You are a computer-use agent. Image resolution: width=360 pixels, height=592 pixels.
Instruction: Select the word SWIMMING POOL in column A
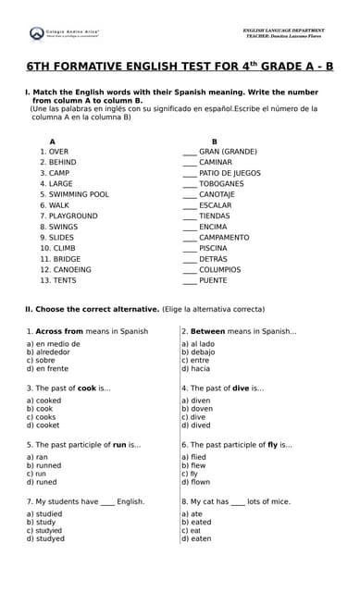pyautogui.click(x=79, y=194)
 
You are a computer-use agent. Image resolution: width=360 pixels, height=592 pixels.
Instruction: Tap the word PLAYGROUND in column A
pyautogui.click(x=73, y=216)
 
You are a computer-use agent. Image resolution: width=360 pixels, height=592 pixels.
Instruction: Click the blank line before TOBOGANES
pyautogui.click(x=190, y=183)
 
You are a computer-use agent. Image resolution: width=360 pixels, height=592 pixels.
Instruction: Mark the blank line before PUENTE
pyautogui.click(x=190, y=280)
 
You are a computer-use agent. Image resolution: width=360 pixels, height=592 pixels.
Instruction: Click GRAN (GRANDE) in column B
pyautogui.click(x=228, y=151)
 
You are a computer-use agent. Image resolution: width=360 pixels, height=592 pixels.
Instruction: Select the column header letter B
pyautogui.click(x=214, y=141)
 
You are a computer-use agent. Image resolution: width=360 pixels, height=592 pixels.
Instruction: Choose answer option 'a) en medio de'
pyautogui.click(x=53, y=344)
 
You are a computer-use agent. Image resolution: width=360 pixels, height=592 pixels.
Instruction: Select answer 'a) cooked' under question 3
pyautogui.click(x=43, y=401)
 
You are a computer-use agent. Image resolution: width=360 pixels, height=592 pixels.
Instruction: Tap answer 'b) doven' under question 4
pyautogui.click(x=197, y=409)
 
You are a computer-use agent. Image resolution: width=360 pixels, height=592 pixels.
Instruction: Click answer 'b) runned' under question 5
pyautogui.click(x=45, y=465)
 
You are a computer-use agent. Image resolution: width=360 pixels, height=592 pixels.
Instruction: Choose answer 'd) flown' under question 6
pyautogui.click(x=196, y=482)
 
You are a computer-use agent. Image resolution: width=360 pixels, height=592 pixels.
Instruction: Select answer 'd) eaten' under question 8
pyautogui.click(x=196, y=538)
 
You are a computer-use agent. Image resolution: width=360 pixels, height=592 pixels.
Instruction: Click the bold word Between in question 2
pyautogui.click(x=208, y=331)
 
